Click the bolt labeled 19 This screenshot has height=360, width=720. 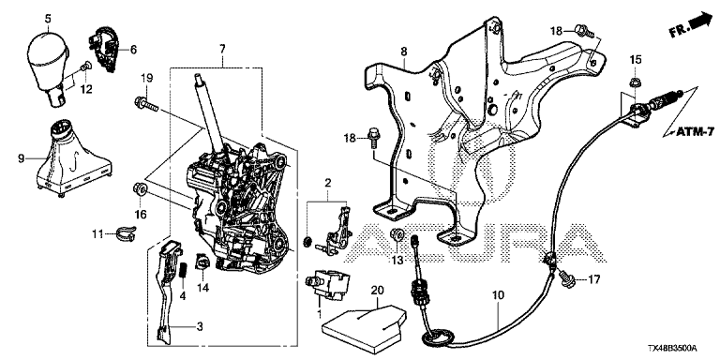pyautogui.click(x=146, y=104)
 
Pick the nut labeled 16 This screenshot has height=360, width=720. pyautogui.click(x=140, y=189)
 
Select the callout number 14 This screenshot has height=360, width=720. pyautogui.click(x=202, y=288)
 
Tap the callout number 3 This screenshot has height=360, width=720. pyautogui.click(x=200, y=327)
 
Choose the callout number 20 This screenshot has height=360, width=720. pyautogui.click(x=377, y=291)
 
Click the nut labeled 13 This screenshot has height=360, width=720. pyautogui.click(x=397, y=235)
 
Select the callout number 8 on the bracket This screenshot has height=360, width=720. pyautogui.click(x=404, y=52)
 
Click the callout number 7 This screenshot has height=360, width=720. pyautogui.click(x=222, y=48)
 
